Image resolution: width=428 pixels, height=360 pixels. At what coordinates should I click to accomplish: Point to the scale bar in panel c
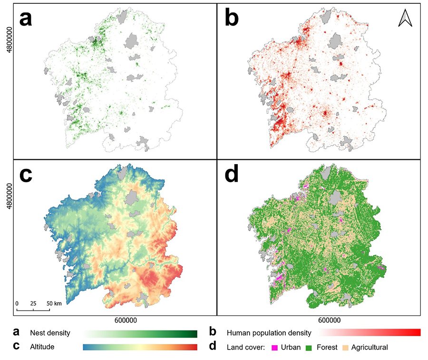click(33, 310)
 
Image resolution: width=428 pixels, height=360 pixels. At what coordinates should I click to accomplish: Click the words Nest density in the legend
click(50, 333)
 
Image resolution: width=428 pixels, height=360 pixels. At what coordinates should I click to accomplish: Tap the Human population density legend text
click(269, 333)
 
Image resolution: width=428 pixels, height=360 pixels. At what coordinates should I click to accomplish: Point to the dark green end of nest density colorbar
click(193, 333)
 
